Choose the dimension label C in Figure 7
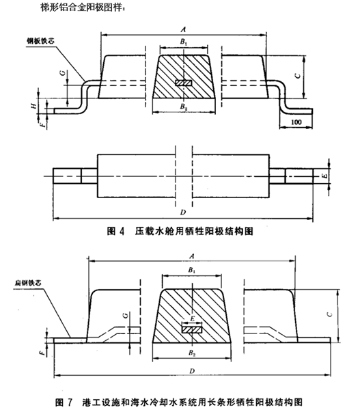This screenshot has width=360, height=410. click(330, 314)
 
